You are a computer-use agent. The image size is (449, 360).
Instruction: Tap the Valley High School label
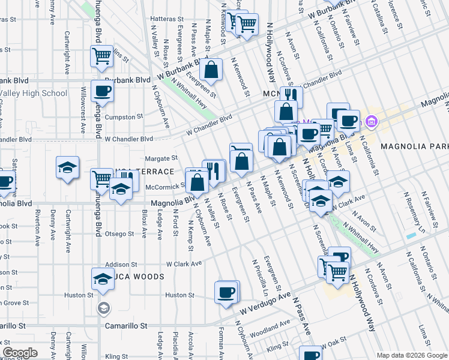coord(34,93)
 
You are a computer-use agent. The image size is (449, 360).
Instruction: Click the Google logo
coord(20,353)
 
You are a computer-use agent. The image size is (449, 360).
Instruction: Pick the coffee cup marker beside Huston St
coord(226,292)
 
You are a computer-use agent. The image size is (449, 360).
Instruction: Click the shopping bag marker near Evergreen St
coord(211,70)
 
